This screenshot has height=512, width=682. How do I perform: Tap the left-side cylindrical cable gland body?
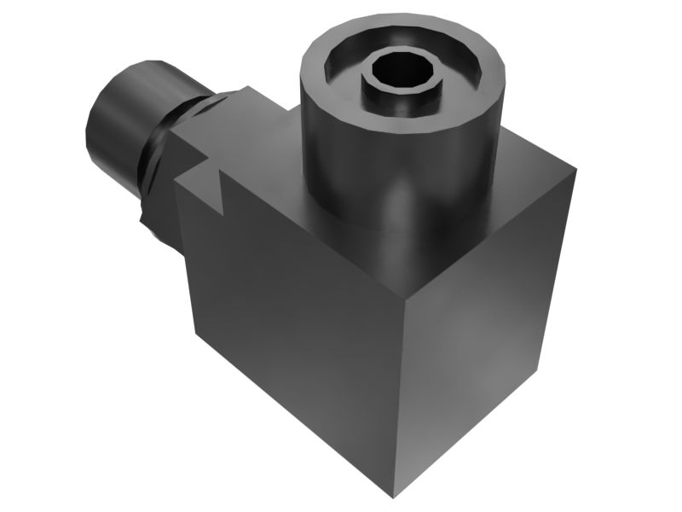coord(128,119)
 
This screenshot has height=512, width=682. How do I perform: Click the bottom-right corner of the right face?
coord(539,369)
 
